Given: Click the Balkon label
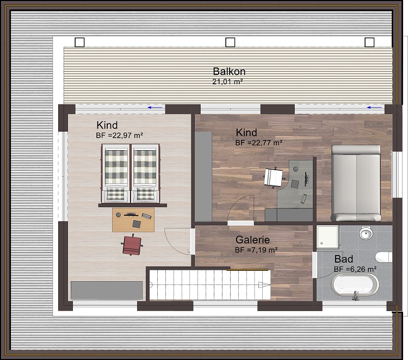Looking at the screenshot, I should [x=229, y=71].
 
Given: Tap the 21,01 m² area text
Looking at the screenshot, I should [x=227, y=82].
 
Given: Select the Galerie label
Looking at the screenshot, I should [x=252, y=240].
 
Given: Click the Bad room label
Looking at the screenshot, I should [x=344, y=259].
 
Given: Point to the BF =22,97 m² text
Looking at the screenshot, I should [x=119, y=135].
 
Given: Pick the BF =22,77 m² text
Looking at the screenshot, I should [x=258, y=142].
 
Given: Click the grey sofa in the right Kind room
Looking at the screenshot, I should [x=356, y=183].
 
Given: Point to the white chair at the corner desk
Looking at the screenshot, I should [x=274, y=177].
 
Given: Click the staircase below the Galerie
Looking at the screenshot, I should [x=209, y=283].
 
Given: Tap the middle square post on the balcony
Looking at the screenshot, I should [x=230, y=42].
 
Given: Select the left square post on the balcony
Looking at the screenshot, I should [x=80, y=42].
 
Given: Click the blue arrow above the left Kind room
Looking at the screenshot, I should [x=155, y=108].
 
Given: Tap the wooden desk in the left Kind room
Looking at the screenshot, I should [x=133, y=220].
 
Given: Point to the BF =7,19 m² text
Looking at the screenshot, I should [x=256, y=250].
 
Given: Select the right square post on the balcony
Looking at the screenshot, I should [x=370, y=42].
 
